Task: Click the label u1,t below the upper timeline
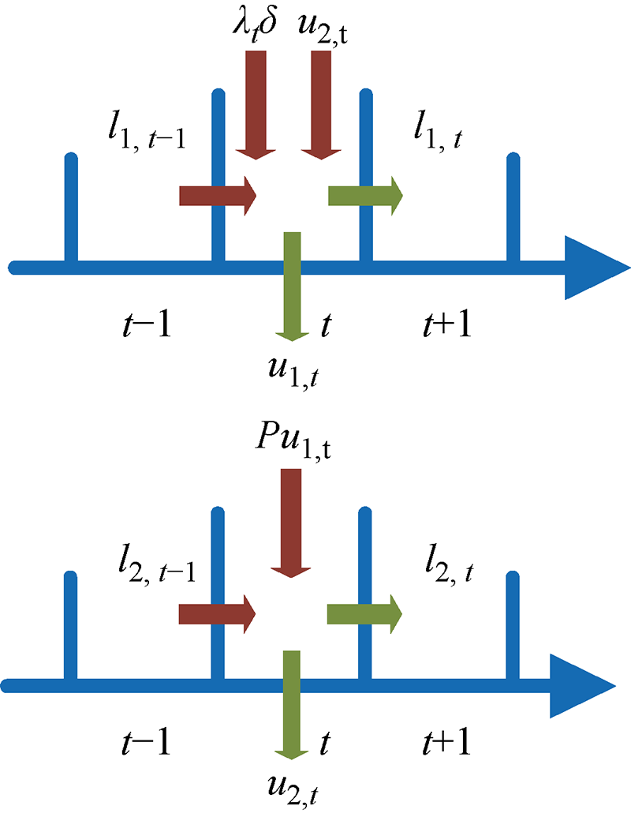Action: coord(293,368)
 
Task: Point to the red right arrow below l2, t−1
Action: coord(218,612)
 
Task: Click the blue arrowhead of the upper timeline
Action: coord(596,268)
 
